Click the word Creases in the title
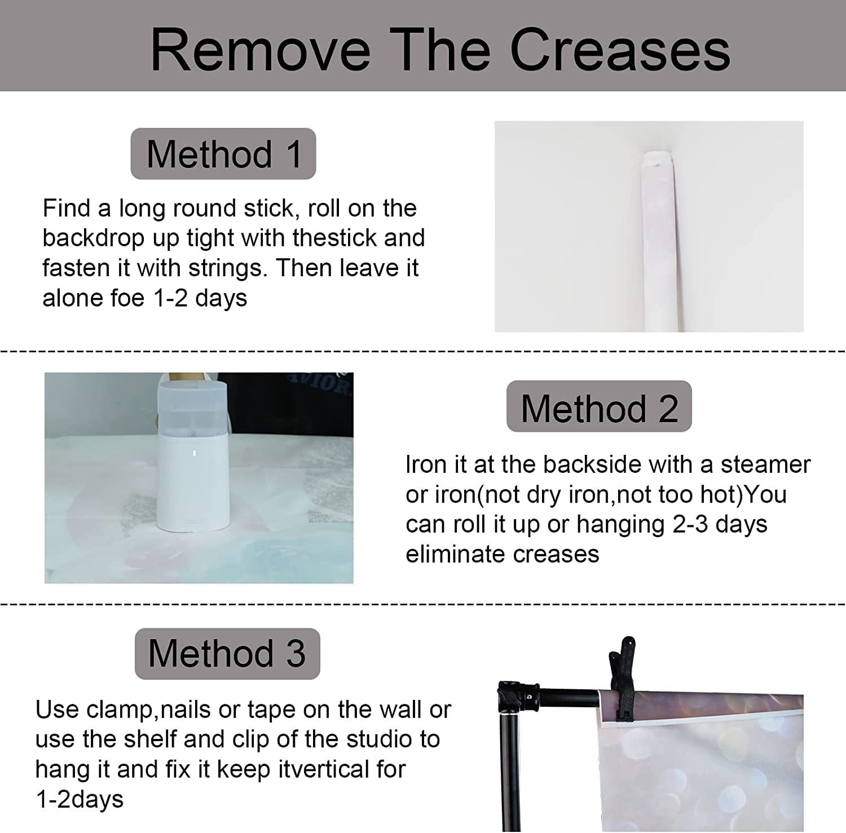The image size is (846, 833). point(620,50)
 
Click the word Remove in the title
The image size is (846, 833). point(261,50)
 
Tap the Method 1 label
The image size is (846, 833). point(223,154)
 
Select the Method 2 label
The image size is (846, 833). point(599,407)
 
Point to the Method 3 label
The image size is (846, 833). point(227,654)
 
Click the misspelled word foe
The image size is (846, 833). point(129,298)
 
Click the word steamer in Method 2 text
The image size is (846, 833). point(765,465)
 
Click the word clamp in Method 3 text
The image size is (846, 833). point(120,710)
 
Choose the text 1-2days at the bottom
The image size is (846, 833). point(80,800)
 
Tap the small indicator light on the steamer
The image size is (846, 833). point(193,453)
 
